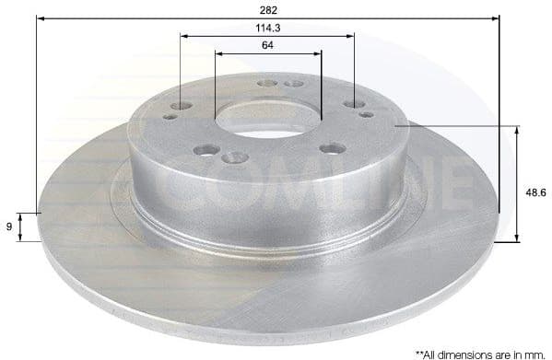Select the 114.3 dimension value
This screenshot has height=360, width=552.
tap(268, 27)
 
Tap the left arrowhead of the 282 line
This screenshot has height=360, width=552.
tap(41, 17)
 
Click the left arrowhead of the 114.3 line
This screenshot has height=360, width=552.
tap(185, 36)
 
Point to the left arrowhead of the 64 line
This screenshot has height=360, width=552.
tap(219, 53)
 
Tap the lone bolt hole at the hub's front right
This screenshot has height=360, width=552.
tap(333, 147)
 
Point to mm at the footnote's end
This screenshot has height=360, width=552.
tap(534, 352)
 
